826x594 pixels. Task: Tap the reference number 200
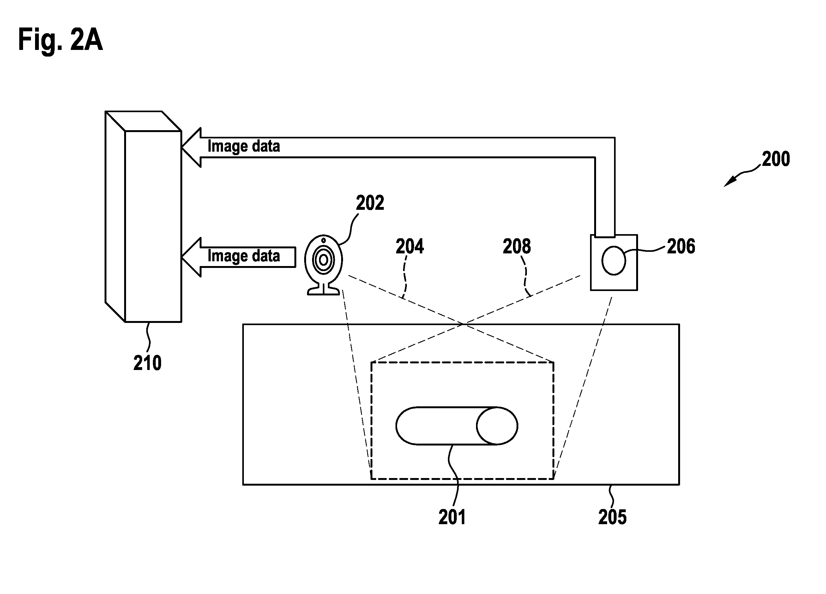click(776, 159)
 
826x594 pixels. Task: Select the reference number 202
click(370, 203)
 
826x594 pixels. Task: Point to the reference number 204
click(410, 246)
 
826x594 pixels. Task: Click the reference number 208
click(517, 246)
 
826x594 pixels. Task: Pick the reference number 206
click(681, 246)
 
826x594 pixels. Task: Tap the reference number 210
click(148, 363)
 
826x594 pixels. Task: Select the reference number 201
click(452, 517)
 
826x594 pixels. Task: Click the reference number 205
click(612, 517)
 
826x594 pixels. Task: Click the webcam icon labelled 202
click(323, 264)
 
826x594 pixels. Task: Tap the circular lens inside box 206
click(614, 260)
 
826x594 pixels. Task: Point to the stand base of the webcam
click(323, 291)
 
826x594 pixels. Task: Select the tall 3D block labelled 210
click(143, 217)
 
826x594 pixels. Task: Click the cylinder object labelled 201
click(457, 426)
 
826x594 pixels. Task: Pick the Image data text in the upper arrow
click(244, 146)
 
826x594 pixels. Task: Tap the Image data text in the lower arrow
click(244, 256)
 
